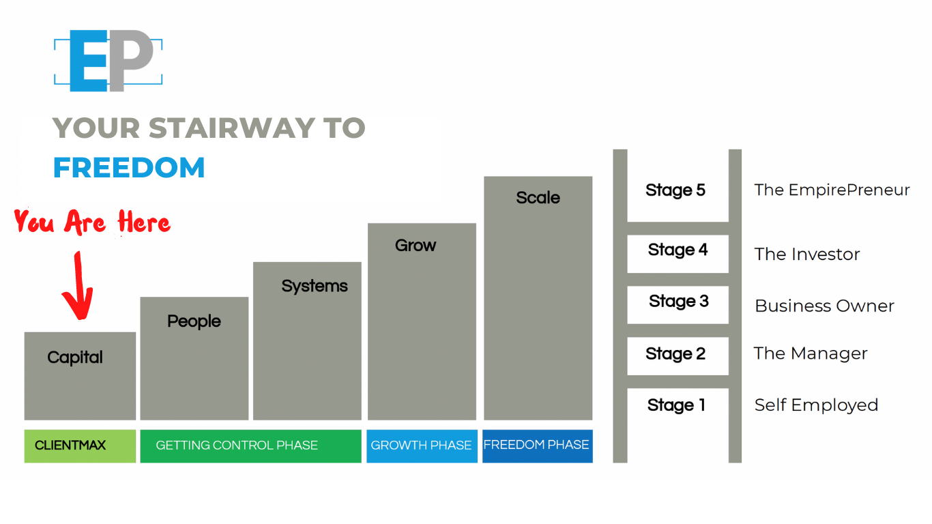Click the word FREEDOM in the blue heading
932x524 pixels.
[x=129, y=168]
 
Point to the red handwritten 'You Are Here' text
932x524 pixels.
[x=92, y=222]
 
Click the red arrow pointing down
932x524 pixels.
[x=76, y=287]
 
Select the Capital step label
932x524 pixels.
[x=75, y=357]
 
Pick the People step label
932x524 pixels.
[x=194, y=321]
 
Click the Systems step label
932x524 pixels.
[x=315, y=286]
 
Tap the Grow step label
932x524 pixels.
[x=415, y=246]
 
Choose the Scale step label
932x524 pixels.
[x=538, y=198]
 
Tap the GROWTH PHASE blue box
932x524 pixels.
[x=421, y=446]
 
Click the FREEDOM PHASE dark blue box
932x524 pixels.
[x=537, y=446]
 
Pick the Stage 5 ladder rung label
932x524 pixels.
[x=675, y=190]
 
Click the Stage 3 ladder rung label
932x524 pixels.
[x=679, y=302]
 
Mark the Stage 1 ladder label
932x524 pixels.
[x=676, y=405]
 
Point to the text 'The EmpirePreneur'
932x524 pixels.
[x=832, y=190]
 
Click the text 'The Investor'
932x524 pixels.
[x=807, y=254]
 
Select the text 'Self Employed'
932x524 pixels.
[x=816, y=405]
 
